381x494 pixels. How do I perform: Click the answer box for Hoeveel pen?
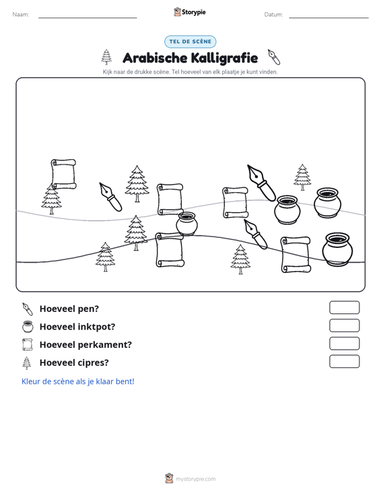click(x=344, y=307)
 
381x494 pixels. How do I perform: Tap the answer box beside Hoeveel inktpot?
click(x=344, y=326)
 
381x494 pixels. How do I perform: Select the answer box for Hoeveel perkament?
click(x=344, y=344)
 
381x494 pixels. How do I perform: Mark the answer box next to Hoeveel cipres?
click(x=344, y=361)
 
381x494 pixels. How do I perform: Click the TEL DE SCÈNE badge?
click(x=190, y=42)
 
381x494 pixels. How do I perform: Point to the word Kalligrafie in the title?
click(x=224, y=58)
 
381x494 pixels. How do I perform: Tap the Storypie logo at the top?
click(x=190, y=12)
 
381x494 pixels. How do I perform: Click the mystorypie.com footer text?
click(x=195, y=479)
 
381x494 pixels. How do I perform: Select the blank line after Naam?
click(x=88, y=18)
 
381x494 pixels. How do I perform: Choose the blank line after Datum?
click(x=328, y=18)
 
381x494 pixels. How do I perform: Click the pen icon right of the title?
click(x=274, y=57)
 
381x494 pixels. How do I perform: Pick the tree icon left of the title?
click(x=106, y=57)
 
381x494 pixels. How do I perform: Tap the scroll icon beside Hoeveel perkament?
click(x=28, y=344)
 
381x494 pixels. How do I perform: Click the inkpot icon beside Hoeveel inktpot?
click(x=28, y=326)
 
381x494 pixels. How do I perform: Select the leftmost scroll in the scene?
click(x=63, y=175)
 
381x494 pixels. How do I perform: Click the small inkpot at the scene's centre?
click(x=186, y=223)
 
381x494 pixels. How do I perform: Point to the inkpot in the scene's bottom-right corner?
click(x=337, y=249)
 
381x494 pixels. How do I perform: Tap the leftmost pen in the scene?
click(x=110, y=197)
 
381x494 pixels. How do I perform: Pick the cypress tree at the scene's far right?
click(x=302, y=177)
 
